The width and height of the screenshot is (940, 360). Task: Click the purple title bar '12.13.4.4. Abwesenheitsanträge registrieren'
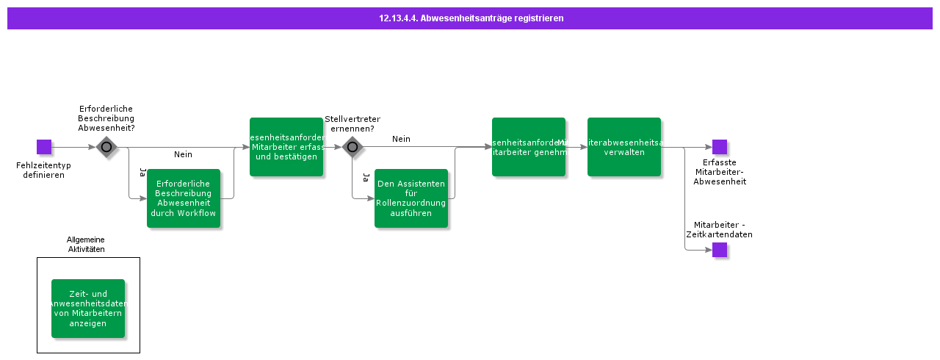pos(470,18)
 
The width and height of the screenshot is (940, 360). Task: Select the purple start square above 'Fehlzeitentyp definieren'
pos(44,147)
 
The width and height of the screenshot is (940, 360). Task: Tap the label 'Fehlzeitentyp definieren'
pos(43,170)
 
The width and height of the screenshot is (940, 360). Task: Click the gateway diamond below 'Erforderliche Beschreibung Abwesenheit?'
pos(106,147)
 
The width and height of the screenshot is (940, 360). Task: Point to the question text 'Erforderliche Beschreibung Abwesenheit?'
pos(106,118)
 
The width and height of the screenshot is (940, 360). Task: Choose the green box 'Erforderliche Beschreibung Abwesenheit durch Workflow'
pos(184,198)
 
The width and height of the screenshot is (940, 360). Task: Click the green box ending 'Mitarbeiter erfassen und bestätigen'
pos(286,147)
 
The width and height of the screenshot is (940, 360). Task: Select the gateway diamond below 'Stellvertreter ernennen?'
pos(352,147)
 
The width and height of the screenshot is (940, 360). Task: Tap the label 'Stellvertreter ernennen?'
pos(352,123)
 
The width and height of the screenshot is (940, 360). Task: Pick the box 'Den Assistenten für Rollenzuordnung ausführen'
pos(411,198)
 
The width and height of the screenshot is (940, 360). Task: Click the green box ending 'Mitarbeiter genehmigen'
pos(529,147)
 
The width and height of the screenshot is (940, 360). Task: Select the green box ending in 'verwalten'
pos(624,147)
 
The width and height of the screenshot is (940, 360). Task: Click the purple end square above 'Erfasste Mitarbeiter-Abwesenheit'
pos(720,147)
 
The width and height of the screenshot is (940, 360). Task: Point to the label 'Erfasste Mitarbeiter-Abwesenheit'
pos(720,172)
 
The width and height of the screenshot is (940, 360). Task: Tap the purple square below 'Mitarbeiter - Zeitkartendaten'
pos(720,250)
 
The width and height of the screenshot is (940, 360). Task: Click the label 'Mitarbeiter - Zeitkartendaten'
pos(723,230)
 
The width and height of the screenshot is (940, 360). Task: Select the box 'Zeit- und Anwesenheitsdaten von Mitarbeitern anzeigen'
pos(88,309)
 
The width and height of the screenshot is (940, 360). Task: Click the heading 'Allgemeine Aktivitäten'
pos(86,245)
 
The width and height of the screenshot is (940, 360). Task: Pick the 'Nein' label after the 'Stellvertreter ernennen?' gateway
pos(401,139)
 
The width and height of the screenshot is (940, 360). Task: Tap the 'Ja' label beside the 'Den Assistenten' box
pos(365,177)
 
